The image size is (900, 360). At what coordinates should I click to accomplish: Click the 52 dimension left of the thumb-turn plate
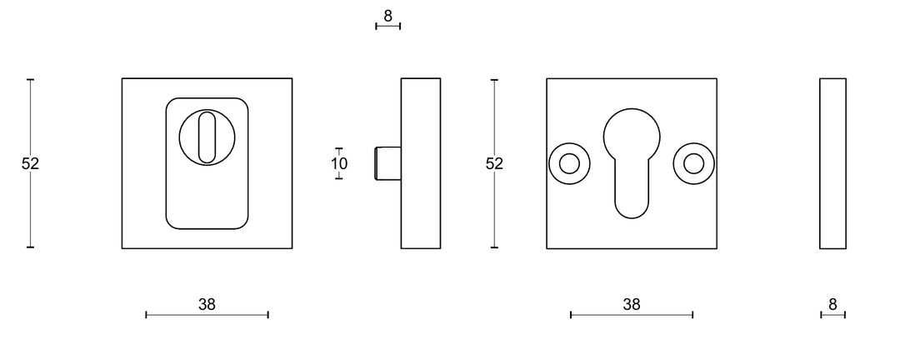[30, 164]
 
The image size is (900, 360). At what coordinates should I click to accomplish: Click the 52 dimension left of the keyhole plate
[494, 164]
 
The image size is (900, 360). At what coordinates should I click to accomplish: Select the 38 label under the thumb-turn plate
[207, 304]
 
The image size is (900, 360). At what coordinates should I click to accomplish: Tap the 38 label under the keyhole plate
[632, 304]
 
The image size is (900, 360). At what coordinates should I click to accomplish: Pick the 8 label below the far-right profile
[832, 304]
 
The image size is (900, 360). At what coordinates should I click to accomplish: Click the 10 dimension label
[339, 164]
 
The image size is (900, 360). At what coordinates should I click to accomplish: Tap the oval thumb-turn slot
[207, 135]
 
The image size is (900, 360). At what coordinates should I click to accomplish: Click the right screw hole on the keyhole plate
[692, 163]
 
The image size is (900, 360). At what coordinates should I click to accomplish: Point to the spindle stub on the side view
[388, 163]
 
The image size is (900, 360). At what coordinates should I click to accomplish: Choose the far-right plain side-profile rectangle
[832, 163]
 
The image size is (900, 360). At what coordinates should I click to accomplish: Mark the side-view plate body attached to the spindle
[421, 163]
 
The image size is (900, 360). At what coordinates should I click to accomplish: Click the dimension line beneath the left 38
[207, 314]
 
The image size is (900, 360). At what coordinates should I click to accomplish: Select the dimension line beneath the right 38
[632, 314]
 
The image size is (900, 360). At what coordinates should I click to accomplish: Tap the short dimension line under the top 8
[388, 27]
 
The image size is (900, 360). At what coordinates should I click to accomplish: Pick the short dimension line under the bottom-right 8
[832, 314]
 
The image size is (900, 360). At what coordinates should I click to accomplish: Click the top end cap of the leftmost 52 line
[30, 79]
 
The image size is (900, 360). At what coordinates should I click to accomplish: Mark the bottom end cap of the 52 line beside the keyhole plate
[494, 247]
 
